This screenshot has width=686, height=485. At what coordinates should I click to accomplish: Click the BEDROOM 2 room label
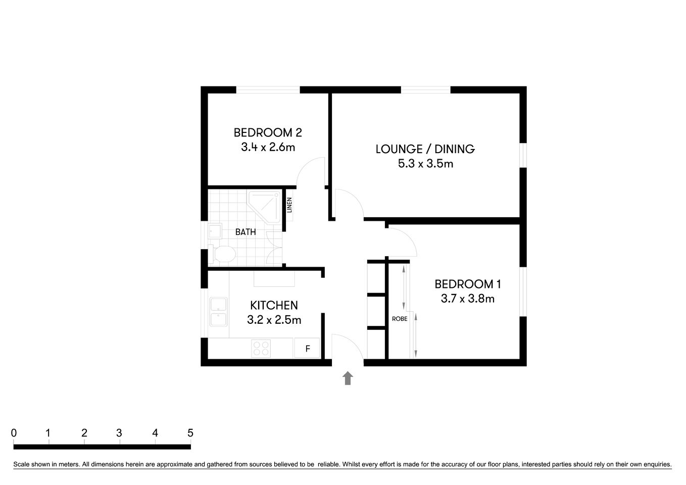pyautogui.click(x=268, y=132)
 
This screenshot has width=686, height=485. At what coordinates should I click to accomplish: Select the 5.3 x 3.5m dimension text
pyautogui.click(x=425, y=163)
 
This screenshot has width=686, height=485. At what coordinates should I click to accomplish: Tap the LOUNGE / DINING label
pyautogui.click(x=425, y=149)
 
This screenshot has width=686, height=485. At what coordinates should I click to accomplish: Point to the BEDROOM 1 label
pyautogui.click(x=468, y=284)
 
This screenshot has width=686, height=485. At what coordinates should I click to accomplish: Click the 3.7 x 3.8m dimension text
pyautogui.click(x=467, y=299)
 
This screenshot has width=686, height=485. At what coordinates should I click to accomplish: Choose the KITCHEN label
pyautogui.click(x=274, y=305)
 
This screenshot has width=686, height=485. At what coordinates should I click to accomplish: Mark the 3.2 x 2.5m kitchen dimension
pyautogui.click(x=274, y=320)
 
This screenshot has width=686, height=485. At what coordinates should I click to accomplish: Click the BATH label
pyautogui.click(x=246, y=232)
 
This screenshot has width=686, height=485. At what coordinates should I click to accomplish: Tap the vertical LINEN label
pyautogui.click(x=289, y=205)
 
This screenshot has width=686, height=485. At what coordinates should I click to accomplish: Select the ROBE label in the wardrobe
pyautogui.click(x=400, y=319)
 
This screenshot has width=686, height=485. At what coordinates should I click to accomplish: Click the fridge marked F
pyautogui.click(x=307, y=348)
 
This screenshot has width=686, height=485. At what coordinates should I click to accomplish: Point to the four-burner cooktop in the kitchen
pyautogui.click(x=261, y=348)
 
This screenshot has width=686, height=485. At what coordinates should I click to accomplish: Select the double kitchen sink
pyautogui.click(x=218, y=312)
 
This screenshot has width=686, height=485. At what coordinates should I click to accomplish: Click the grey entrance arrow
pyautogui.click(x=348, y=378)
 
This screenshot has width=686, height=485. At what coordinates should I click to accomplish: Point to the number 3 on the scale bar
pyautogui.click(x=119, y=433)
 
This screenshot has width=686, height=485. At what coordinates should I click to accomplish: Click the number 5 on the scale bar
pyautogui.click(x=190, y=433)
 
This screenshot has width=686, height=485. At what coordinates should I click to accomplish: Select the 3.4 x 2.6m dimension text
pyautogui.click(x=268, y=147)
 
